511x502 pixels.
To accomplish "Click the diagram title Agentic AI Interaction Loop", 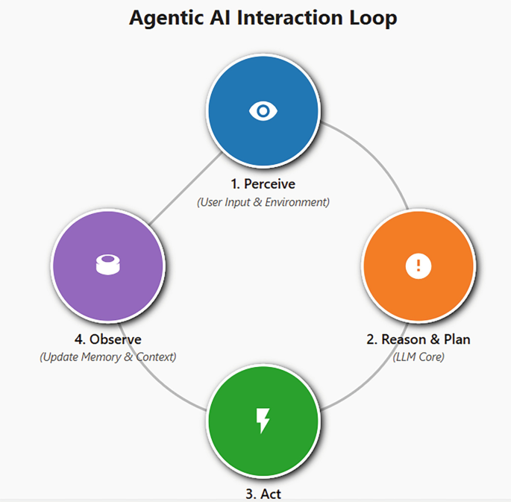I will [263, 18].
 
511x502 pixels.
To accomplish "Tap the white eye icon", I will [263, 112].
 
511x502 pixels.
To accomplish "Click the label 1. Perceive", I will [263, 183].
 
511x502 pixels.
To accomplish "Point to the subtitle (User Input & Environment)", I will [263, 202].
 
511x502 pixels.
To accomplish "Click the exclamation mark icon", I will [418, 266].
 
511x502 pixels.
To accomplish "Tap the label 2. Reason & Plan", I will [418, 339].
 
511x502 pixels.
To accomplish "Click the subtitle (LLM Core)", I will [418, 357].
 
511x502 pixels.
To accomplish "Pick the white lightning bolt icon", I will [263, 421].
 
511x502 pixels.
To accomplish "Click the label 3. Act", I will [263, 493].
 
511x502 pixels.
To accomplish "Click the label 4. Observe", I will [107, 339].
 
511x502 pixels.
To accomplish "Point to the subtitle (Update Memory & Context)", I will [107, 357].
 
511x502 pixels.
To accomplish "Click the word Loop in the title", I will [371, 18].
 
